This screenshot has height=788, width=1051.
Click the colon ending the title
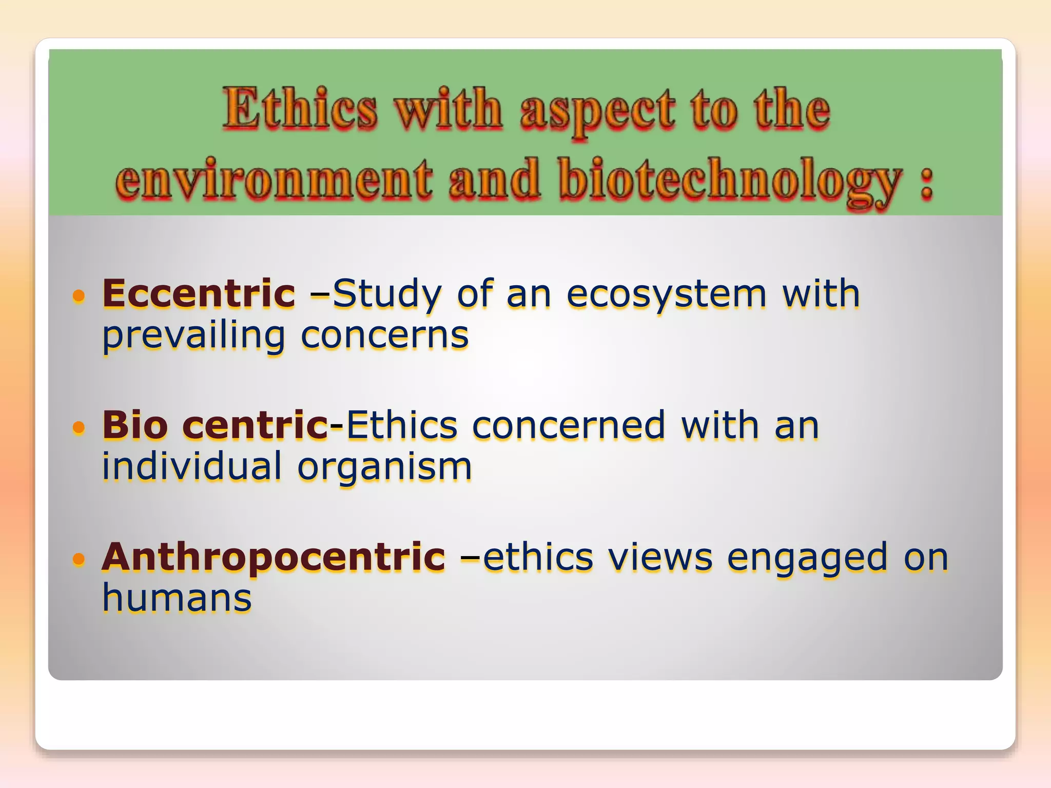tap(926, 184)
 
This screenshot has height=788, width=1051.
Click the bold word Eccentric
tap(199, 293)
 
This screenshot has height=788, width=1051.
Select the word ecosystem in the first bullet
tap(666, 294)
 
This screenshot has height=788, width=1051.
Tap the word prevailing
tap(193, 337)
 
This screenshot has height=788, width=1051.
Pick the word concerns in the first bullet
tap(384, 336)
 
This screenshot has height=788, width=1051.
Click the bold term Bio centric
tap(215, 425)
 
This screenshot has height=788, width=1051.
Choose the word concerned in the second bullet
tap(568, 425)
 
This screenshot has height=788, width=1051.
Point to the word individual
tap(191, 466)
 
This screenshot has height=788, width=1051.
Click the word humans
tap(177, 598)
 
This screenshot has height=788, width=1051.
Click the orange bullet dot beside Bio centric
tap(78, 427)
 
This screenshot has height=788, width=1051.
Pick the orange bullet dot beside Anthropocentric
tap(78, 559)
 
